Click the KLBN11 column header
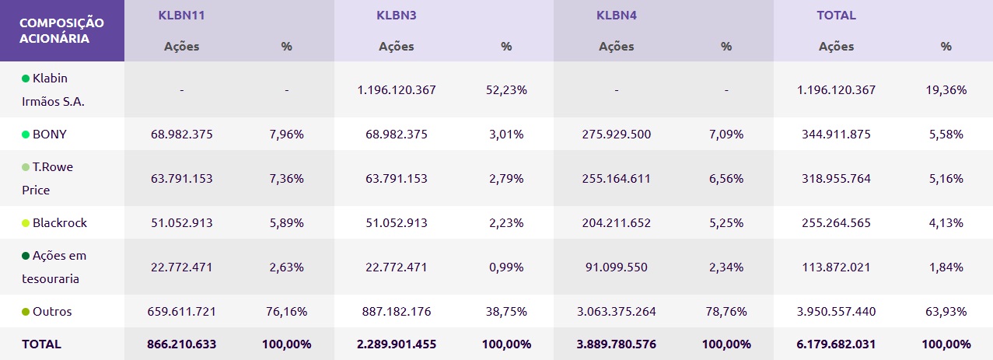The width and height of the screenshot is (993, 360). pyautogui.click(x=181, y=15)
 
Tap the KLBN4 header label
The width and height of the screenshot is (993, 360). pyautogui.click(x=617, y=15)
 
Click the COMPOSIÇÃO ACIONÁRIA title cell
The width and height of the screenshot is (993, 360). pyautogui.click(x=61, y=30)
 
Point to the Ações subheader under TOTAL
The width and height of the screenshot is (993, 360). pyautogui.click(x=836, y=46)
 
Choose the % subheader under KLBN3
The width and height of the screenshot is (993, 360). pyautogui.click(x=506, y=46)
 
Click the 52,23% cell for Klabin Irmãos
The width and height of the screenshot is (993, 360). pyautogui.click(x=506, y=89)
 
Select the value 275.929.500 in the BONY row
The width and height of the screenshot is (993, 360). pyautogui.click(x=616, y=134)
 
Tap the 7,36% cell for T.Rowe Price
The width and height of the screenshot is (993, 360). pyautogui.click(x=286, y=178)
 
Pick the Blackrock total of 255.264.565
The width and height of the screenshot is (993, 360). pyautogui.click(x=836, y=222)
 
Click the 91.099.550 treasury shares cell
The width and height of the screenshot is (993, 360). pyautogui.click(x=616, y=267)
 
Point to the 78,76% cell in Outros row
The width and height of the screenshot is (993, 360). pyautogui.click(x=726, y=311)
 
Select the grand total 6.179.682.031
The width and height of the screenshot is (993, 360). pyautogui.click(x=836, y=344)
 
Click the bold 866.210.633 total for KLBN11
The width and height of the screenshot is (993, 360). pyautogui.click(x=181, y=344)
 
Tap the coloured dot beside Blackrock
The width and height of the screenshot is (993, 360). pyautogui.click(x=26, y=223)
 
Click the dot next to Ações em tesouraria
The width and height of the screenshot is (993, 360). pyautogui.click(x=26, y=256)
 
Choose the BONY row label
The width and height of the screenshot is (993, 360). pyautogui.click(x=49, y=134)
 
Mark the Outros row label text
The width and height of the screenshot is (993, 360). pyautogui.click(x=53, y=311)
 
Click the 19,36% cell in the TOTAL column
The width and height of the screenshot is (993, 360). pyautogui.click(x=946, y=89)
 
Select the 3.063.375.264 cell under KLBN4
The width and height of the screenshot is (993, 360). pyautogui.click(x=616, y=311)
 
